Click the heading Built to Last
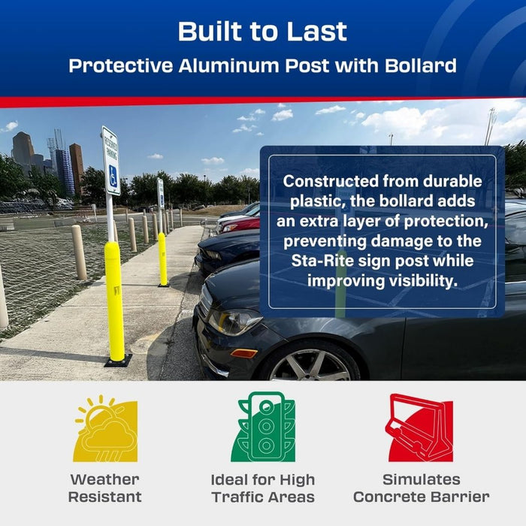point(262,32)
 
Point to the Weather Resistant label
point(105,488)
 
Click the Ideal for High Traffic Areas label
point(263,488)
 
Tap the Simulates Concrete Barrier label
point(421,488)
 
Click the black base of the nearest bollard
point(118,361)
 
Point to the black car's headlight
point(234,322)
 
